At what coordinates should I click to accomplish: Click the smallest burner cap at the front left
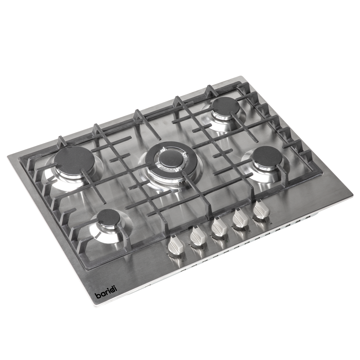pyautogui.click(x=109, y=216)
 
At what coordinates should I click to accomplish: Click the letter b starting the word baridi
pyautogui.click(x=97, y=295)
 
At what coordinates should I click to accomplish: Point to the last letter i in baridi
pyautogui.click(x=116, y=288)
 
